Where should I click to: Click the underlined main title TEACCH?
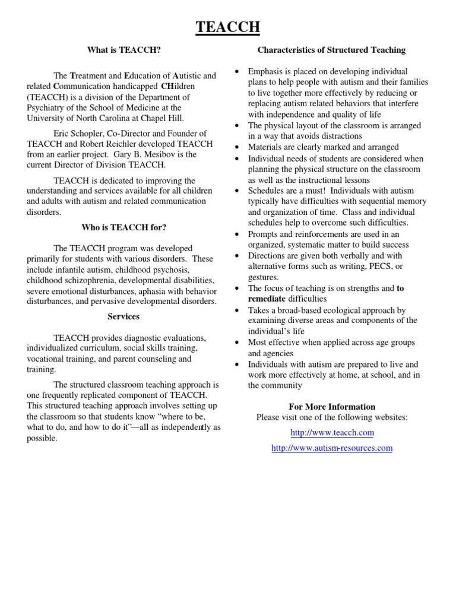pos(228,27)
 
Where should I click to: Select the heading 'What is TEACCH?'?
pos(123,50)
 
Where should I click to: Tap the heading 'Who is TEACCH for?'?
pos(123,227)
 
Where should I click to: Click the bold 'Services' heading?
pos(123,316)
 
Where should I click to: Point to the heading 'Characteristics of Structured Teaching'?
pos(331,50)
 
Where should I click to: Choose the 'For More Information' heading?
pos(331,407)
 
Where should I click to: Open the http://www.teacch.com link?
pos(331,433)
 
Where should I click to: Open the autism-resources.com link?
pos(331,448)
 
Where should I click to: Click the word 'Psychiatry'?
pos(47,108)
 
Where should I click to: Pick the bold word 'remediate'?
pos(267,299)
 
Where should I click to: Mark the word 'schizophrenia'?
pos(96,280)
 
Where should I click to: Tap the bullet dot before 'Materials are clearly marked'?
pos(237,147)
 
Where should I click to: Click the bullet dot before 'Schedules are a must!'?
pos(237,191)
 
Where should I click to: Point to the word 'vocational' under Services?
pos(46,360)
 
